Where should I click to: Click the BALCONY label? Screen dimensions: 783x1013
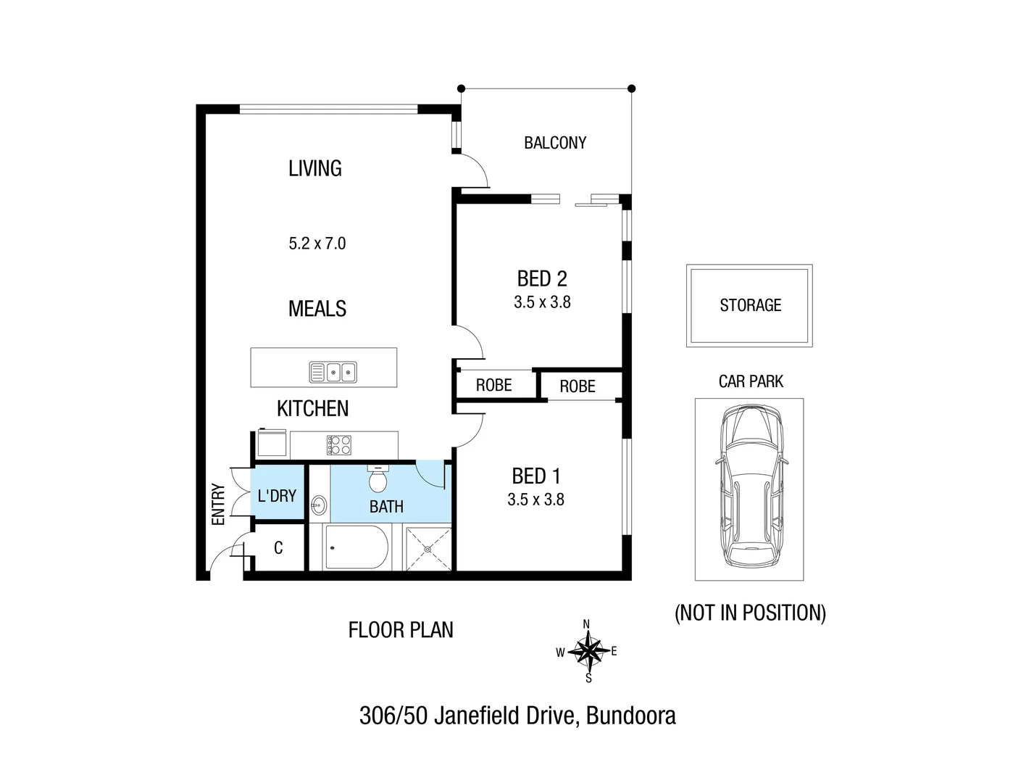pos(555,143)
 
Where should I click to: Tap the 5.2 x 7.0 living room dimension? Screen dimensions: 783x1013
pos(317,244)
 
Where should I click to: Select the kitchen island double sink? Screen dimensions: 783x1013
pos(333,372)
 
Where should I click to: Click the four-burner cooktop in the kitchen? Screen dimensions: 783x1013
pos(338,444)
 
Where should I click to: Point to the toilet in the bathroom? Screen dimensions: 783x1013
pos(378,479)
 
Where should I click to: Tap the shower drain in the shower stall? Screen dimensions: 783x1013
pos(428,549)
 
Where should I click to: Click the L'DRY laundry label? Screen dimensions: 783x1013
pos(277,496)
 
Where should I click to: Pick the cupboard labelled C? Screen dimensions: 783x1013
pos(278,548)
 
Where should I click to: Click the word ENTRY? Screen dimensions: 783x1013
pos(218,504)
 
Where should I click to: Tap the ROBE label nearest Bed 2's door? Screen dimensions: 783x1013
pos(493,385)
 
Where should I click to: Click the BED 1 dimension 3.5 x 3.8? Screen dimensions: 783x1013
pos(535,500)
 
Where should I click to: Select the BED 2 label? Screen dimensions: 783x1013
pos(542,278)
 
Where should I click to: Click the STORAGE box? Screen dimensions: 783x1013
pos(750,305)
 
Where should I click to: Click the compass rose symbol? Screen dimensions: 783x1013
pos(588,651)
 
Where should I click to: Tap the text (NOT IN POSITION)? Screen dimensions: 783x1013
pos(750,613)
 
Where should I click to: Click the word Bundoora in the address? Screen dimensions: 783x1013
pos(630,716)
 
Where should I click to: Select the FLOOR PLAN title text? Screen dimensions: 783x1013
pos(401,630)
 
